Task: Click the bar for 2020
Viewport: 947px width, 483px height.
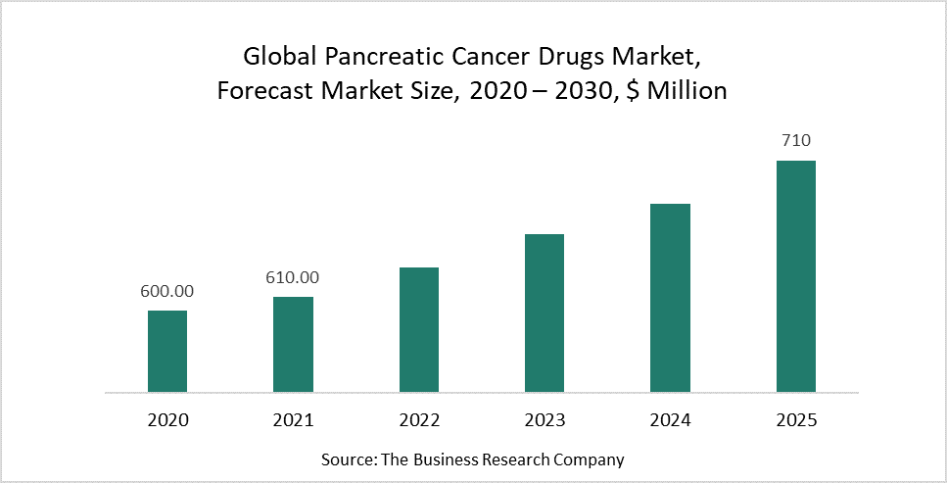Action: click(167, 351)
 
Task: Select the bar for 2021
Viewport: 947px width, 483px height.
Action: click(293, 344)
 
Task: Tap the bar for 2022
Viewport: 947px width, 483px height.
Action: click(419, 329)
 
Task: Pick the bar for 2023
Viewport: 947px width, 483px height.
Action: click(545, 313)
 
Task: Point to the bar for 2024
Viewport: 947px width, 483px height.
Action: click(670, 298)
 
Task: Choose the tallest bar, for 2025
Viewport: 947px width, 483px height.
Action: click(796, 276)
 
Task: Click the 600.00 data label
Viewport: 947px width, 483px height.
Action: click(167, 291)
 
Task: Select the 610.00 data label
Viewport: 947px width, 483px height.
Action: click(293, 277)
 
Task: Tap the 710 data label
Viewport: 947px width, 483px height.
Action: click(796, 141)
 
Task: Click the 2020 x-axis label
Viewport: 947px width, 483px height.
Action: click(167, 420)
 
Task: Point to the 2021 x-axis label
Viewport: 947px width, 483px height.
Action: click(293, 420)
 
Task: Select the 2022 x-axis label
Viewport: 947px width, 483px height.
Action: click(419, 420)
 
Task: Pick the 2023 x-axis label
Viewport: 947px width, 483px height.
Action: click(545, 420)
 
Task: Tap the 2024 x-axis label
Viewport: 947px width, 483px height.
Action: click(670, 420)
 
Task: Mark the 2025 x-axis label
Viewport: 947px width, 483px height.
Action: click(796, 420)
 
